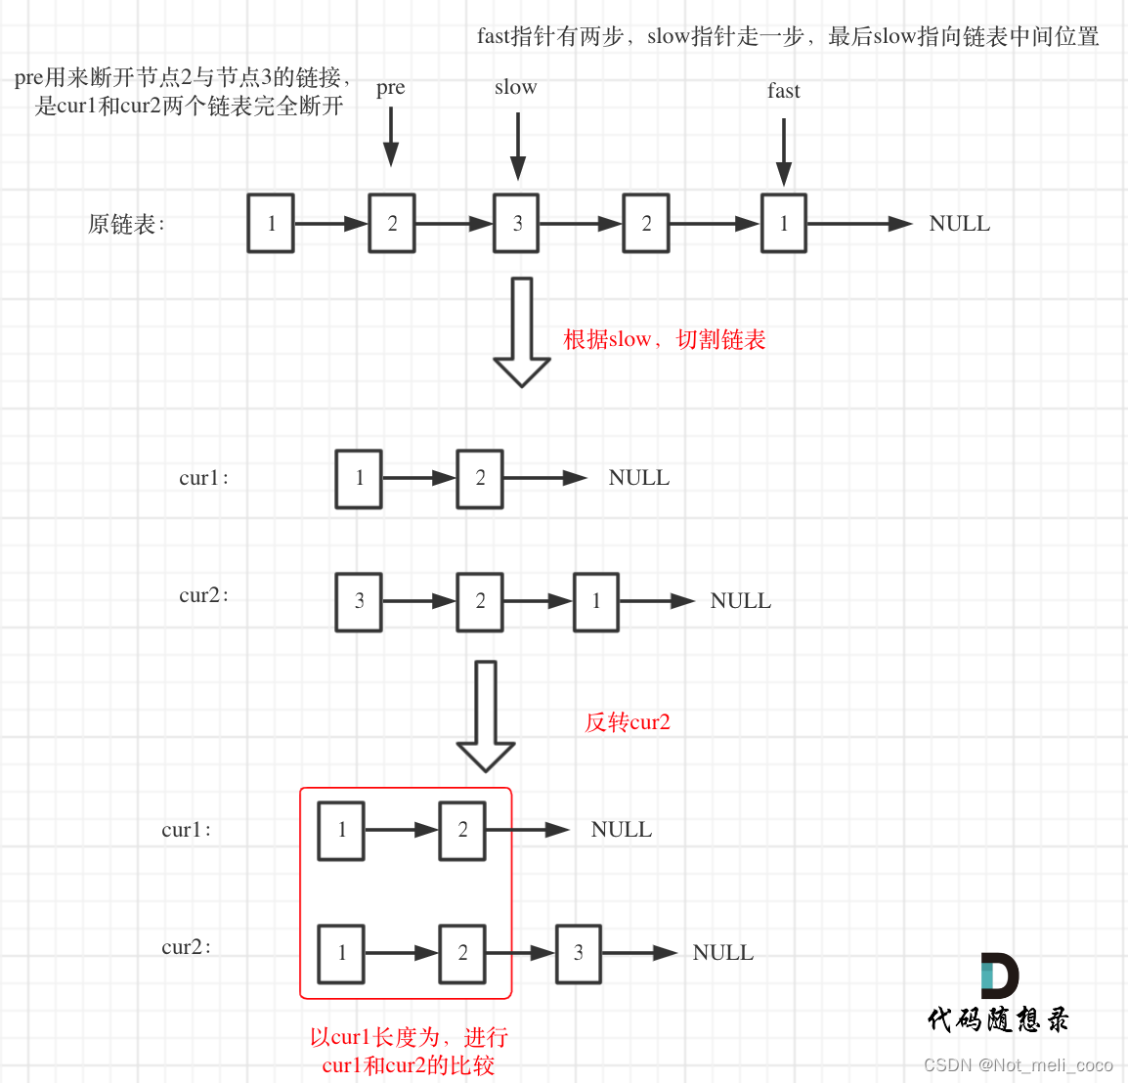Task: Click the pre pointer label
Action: (390, 88)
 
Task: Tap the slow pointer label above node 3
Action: (515, 87)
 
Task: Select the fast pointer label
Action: (783, 91)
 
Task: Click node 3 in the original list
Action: (517, 224)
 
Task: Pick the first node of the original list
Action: (271, 224)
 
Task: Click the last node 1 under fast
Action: (784, 224)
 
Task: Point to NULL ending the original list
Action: (959, 224)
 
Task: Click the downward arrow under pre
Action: (391, 137)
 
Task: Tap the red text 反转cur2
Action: (628, 722)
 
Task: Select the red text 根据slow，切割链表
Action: (665, 339)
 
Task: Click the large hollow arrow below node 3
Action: (522, 331)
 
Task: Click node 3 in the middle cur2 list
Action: (359, 601)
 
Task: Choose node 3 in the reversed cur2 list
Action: (579, 953)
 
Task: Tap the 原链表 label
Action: (126, 225)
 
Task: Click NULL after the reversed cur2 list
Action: (723, 953)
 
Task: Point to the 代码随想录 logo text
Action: (998, 1020)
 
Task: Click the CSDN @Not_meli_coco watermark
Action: (1018, 1064)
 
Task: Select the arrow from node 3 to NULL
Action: (639, 953)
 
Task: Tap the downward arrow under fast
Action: (783, 152)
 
